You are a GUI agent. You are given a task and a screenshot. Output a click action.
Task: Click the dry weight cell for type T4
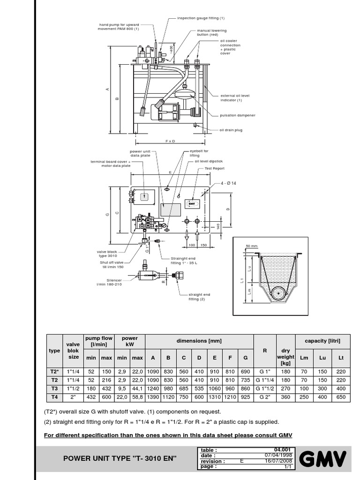[x=285, y=397]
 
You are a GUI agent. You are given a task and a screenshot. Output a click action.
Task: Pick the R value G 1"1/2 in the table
[x=265, y=388]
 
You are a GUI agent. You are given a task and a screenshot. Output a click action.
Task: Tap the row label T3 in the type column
[x=54, y=388]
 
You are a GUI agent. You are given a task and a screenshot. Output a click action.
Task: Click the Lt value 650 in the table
[x=341, y=397]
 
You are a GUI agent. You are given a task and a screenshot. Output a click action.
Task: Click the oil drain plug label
[x=231, y=130]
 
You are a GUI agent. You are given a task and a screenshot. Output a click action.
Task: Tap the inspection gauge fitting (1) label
[x=201, y=18]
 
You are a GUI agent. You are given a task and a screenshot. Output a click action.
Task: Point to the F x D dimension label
[x=170, y=141]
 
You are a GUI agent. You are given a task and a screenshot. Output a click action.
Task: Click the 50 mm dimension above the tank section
[x=252, y=246]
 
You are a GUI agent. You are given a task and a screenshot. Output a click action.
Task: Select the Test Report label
[x=215, y=168]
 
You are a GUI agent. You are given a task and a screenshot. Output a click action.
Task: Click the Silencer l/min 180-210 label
[x=112, y=282]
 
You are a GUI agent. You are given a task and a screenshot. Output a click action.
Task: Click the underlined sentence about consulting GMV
[x=168, y=435]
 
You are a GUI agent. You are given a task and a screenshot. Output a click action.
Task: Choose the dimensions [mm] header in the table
[x=199, y=341]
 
